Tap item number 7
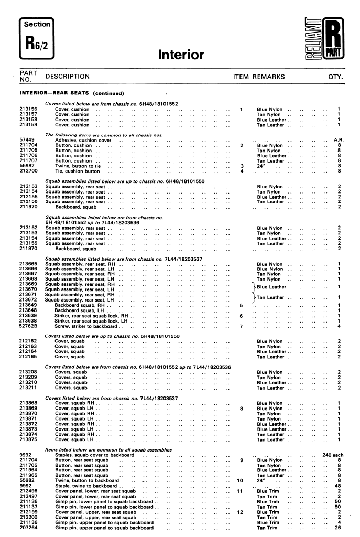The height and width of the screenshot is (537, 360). click(x=241, y=326)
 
